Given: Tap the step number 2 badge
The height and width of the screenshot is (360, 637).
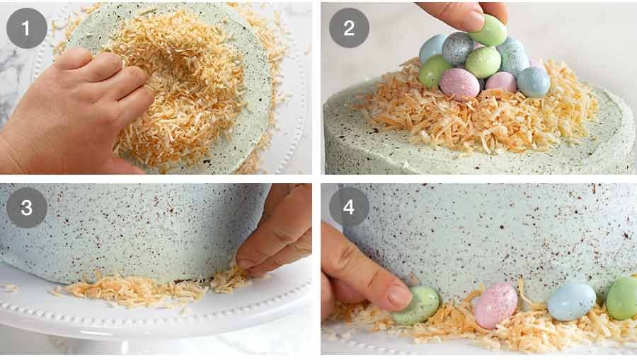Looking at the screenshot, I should [x=349, y=28].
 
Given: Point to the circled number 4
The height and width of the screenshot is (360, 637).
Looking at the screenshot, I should [x=349, y=207].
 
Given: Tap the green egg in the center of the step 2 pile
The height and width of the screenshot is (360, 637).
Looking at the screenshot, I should [x=483, y=62].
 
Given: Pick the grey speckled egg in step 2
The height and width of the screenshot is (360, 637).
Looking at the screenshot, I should [x=458, y=48].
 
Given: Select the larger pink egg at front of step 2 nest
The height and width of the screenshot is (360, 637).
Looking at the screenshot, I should [x=460, y=83].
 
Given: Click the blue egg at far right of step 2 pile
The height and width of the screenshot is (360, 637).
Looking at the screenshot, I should [x=533, y=82].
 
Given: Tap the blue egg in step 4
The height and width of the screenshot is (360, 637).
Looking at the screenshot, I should [x=572, y=301].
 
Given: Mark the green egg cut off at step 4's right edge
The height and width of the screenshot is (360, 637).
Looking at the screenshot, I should [x=623, y=297].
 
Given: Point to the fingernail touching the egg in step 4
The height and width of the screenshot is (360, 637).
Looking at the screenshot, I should [x=400, y=298].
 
